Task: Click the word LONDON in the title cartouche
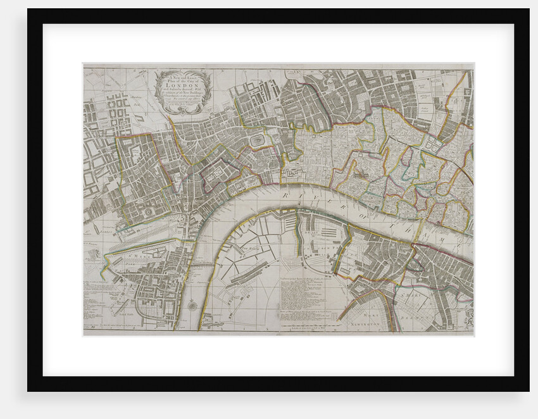tap(184, 86)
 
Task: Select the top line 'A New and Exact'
tap(184, 75)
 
